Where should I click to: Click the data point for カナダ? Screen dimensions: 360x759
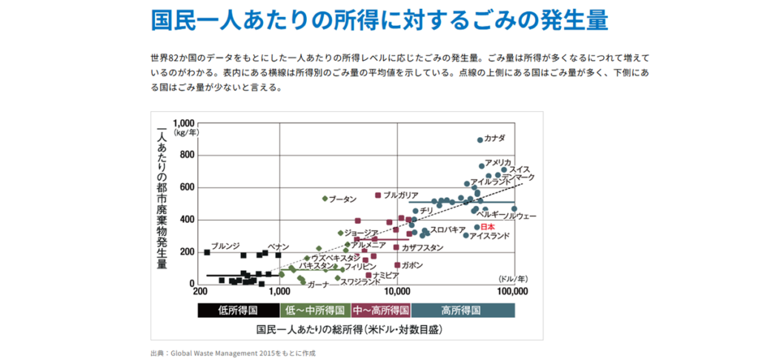coord(480,140)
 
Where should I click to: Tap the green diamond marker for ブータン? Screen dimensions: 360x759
coord(325,199)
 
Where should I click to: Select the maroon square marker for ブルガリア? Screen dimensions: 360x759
coord(378,195)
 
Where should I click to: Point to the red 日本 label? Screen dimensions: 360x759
coord(488,227)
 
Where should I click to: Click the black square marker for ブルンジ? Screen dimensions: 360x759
coord(207,253)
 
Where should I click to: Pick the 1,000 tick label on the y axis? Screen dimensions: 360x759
coord(184,122)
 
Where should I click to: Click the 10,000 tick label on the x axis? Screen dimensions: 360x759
coord(398,292)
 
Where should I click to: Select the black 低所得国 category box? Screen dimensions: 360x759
coord(238,310)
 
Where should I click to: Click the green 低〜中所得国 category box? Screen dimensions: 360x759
coord(315,310)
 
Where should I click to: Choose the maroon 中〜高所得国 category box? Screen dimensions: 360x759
coord(381,310)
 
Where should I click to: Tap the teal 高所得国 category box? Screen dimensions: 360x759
coord(462,310)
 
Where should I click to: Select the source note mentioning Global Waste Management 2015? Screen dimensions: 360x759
coord(233,353)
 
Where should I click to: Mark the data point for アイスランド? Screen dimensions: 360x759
coord(465,236)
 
